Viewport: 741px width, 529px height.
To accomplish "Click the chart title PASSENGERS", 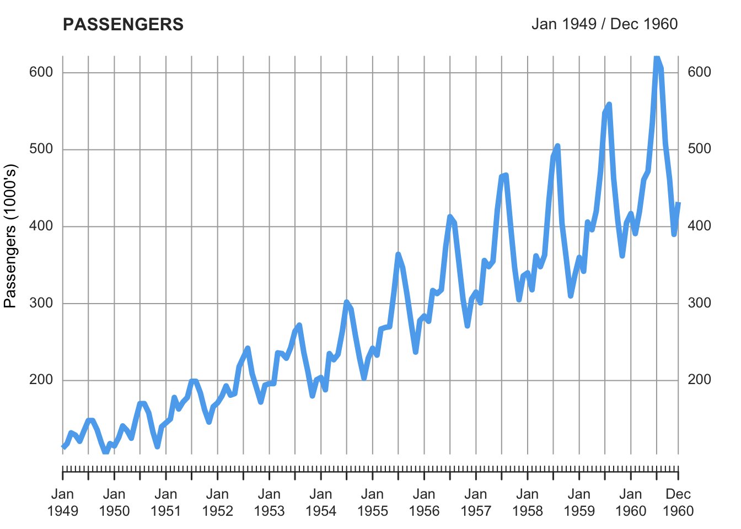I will point(123,25).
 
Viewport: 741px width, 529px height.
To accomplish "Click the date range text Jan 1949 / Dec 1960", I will point(604,24).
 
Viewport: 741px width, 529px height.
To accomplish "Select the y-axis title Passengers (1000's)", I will point(11,236).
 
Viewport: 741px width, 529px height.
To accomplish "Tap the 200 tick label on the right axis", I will point(699,380).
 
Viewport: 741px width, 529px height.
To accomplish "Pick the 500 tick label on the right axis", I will point(699,149).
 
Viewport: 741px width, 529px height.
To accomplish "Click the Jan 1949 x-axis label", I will point(63,503).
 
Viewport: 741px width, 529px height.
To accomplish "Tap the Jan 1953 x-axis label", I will point(269,503).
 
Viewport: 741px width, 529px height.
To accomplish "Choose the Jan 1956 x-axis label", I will point(424,503).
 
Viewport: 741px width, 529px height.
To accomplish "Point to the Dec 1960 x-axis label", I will point(678,503).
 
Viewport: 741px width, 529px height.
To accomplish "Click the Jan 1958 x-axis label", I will point(528,503).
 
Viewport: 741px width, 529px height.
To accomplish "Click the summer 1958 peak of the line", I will point(557,146).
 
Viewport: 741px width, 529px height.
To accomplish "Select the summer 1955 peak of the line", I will point(398,254).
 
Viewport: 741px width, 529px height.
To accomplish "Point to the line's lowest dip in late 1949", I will point(105,452).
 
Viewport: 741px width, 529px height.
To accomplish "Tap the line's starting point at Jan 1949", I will point(63,446).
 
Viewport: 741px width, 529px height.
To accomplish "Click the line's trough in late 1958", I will point(571,295).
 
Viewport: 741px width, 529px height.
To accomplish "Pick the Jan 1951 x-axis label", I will point(166,503).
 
